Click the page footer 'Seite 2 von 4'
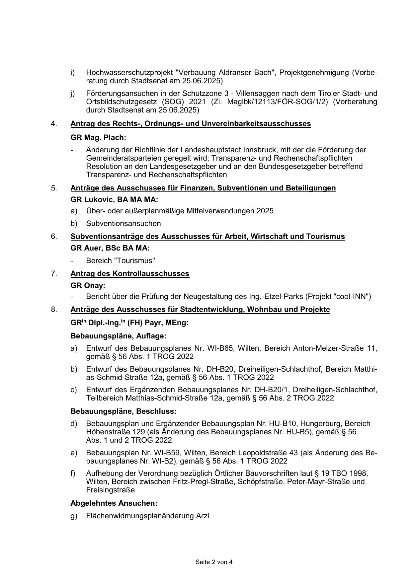(214, 562)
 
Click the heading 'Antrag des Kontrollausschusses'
(130, 273)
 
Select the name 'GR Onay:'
(88, 285)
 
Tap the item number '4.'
(54, 124)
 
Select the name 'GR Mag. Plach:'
(98, 137)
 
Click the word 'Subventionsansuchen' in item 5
(124, 223)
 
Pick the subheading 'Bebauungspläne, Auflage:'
(118, 336)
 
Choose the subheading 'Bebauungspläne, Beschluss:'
(124, 411)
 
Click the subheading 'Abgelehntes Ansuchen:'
(114, 503)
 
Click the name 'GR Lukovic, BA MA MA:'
(114, 200)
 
